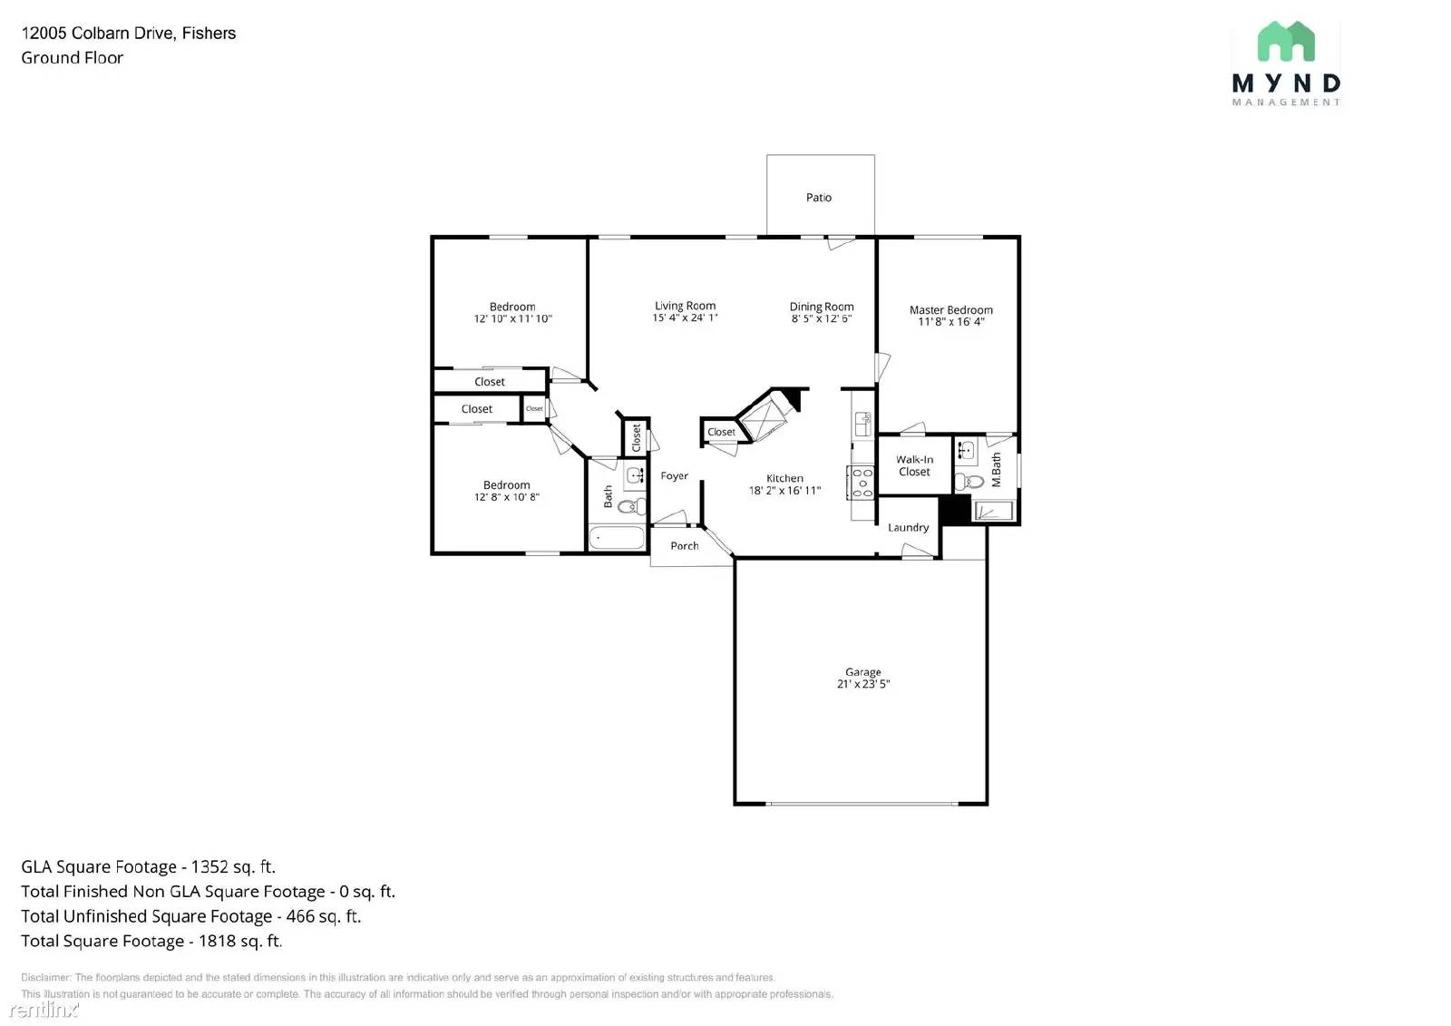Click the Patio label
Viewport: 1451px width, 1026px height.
pyautogui.click(x=818, y=198)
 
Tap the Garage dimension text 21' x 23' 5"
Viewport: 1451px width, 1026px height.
pyautogui.click(x=862, y=685)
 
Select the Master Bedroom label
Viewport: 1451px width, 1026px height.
pyautogui.click(x=950, y=310)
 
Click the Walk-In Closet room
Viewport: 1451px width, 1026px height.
pyautogui.click(x=914, y=465)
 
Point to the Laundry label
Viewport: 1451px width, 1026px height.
pyautogui.click(x=908, y=528)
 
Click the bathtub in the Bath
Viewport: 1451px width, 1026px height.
pyautogui.click(x=617, y=537)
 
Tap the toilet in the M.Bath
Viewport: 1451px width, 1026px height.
pyautogui.click(x=969, y=481)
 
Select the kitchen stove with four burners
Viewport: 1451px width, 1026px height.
pyautogui.click(x=862, y=483)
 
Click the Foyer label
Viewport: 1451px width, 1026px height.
pyautogui.click(x=674, y=476)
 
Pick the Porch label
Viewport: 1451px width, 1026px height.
pyautogui.click(x=685, y=546)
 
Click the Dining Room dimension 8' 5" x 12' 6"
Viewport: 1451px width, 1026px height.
pyautogui.click(x=821, y=319)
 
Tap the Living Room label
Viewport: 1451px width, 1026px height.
pyautogui.click(x=685, y=306)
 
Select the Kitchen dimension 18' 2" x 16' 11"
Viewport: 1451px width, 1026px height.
pyautogui.click(x=784, y=491)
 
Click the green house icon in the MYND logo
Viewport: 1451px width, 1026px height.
pyautogui.click(x=1285, y=42)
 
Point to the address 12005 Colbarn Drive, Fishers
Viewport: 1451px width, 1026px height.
pyautogui.click(x=128, y=34)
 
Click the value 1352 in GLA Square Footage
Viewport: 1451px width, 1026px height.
pyautogui.click(x=209, y=867)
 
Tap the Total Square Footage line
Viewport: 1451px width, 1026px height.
pyautogui.click(x=151, y=942)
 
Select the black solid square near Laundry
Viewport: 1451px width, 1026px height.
pyautogui.click(x=954, y=510)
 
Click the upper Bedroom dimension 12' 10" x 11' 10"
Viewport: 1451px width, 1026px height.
pyautogui.click(x=512, y=319)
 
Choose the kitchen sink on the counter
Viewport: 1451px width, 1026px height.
pyautogui.click(x=862, y=423)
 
